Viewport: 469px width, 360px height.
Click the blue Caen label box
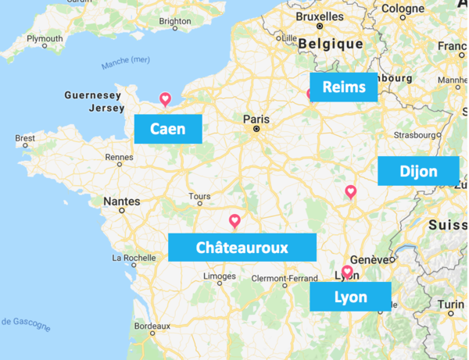point(168,129)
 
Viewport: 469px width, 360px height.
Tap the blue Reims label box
point(343,87)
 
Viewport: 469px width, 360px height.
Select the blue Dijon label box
point(418,171)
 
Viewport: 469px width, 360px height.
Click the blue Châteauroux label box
point(242,248)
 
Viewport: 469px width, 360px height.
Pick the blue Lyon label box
point(350,297)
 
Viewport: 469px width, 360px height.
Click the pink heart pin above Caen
point(165,99)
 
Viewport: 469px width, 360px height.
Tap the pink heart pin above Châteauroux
point(234,221)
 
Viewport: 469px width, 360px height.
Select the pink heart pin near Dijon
point(351,191)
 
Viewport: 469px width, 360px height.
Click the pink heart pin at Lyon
point(347,272)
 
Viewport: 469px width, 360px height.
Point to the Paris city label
point(256,119)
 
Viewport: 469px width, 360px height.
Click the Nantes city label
point(122,201)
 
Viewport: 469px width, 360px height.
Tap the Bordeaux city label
point(152,326)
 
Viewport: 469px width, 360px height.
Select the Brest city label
point(25,138)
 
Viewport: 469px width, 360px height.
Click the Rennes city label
point(120,157)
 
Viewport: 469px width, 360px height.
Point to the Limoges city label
point(220,276)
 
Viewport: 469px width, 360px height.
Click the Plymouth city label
point(45,38)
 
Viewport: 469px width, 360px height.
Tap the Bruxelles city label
point(320,16)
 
